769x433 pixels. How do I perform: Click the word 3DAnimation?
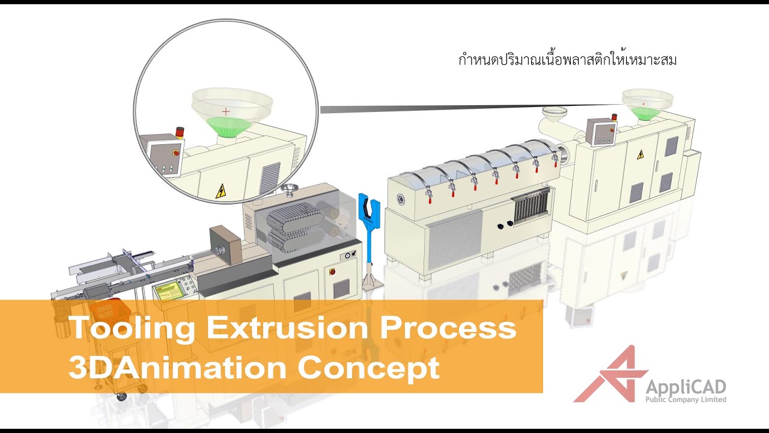tap(177, 367)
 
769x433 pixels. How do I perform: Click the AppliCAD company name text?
tap(685, 386)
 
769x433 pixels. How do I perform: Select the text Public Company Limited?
tap(685, 400)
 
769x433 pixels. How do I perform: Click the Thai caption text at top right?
tap(567, 60)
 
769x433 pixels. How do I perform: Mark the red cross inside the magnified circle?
tap(226, 111)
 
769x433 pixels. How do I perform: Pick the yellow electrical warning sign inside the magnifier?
tap(220, 191)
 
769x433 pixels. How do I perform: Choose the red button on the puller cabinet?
tap(332, 272)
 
